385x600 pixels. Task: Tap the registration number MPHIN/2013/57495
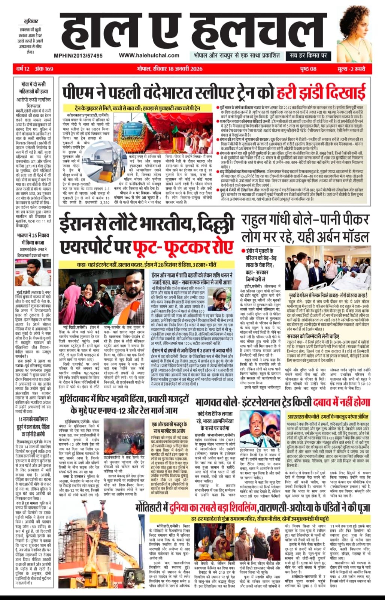[x=78, y=55]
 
